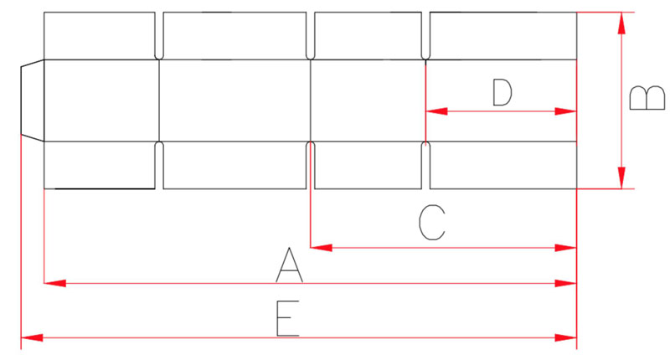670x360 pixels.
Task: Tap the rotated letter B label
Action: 647,98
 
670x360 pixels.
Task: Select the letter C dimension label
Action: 432,222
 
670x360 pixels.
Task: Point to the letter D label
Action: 502,92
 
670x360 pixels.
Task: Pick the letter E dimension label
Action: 287,319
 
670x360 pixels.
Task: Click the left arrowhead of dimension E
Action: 32,337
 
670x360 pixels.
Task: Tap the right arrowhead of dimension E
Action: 566,337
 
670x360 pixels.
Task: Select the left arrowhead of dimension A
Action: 55,283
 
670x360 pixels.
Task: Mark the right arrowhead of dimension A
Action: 566,283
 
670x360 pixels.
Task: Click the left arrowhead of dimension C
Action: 322,248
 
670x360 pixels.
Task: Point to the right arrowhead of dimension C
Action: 566,248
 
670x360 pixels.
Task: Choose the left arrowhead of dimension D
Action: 436,111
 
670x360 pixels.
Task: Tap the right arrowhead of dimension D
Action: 566,111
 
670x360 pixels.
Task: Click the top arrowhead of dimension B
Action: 621,23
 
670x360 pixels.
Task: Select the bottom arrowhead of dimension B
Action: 621,177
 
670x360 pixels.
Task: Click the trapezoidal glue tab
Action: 33,100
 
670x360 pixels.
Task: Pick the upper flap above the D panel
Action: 503,35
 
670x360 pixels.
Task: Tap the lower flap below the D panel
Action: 503,165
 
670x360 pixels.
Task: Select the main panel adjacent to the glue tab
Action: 101,100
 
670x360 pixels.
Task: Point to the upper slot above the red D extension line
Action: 425,35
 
